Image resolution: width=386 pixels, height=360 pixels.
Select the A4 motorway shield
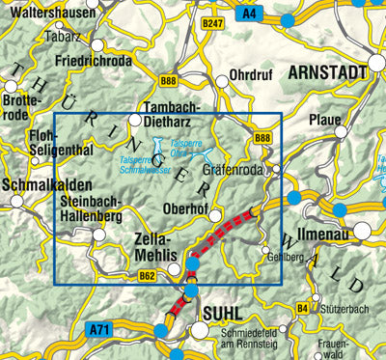coord(251,14)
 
